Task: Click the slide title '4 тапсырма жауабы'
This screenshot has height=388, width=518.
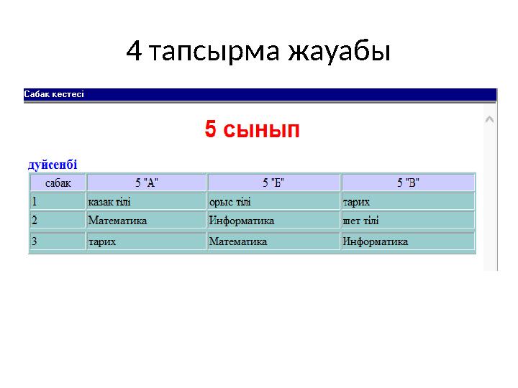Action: [258, 51]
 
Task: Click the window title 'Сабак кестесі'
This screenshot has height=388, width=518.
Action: [54, 94]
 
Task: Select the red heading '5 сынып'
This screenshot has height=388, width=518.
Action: [252, 130]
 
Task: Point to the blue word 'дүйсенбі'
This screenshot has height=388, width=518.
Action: [53, 165]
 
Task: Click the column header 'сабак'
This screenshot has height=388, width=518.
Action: [58, 183]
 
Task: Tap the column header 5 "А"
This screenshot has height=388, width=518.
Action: [147, 183]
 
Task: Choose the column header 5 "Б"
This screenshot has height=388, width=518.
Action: [273, 183]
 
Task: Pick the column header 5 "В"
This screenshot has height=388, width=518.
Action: [408, 183]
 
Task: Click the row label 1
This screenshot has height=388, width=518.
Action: [34, 202]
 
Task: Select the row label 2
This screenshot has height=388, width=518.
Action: [34, 220]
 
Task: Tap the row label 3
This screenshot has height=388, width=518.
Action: [34, 241]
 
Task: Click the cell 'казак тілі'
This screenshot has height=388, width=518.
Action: [109, 202]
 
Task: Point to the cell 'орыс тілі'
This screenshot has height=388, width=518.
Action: [230, 202]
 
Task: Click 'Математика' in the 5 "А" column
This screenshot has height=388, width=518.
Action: [117, 220]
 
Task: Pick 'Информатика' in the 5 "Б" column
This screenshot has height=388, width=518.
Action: [241, 220]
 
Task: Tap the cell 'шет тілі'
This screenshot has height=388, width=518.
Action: [361, 220]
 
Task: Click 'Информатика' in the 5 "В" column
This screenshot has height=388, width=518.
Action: [376, 241]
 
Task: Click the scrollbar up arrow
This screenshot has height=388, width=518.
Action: [489, 119]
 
